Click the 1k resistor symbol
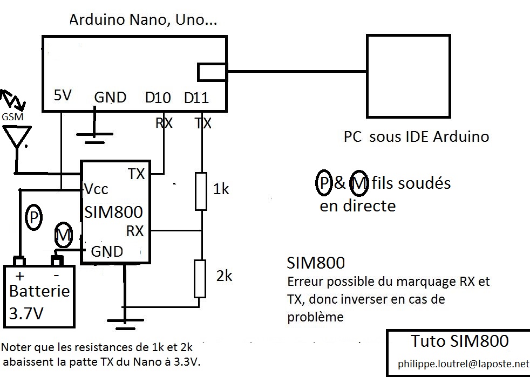[x=201, y=191]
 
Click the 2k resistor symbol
[x=201, y=278]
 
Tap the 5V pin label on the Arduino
[x=63, y=96]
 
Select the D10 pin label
[x=158, y=98]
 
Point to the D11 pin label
[x=196, y=98]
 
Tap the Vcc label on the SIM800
[x=96, y=189]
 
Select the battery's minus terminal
[x=57, y=262]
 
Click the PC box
[x=407, y=77]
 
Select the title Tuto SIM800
[x=459, y=341]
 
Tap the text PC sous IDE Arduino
[x=416, y=136]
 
